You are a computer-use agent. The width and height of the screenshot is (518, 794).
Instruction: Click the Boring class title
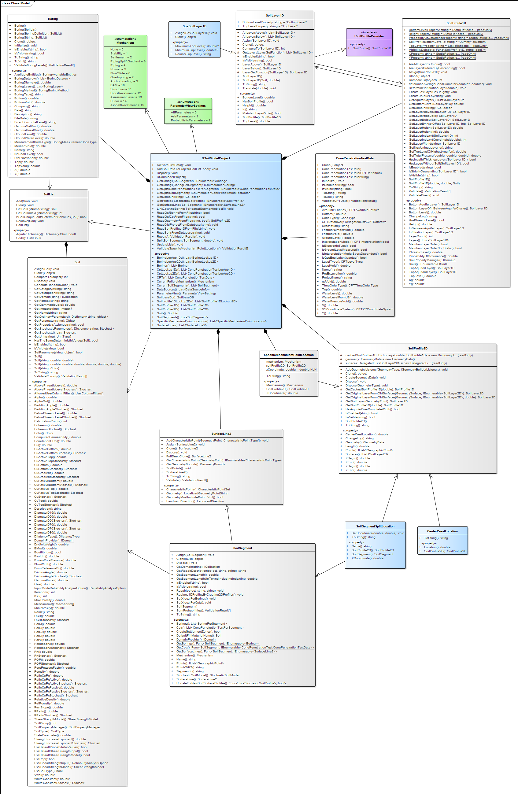pos(53,19)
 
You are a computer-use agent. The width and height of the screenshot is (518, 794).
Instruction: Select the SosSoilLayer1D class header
pos(194,26)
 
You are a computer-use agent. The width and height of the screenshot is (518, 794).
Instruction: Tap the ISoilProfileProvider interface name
pos(369,36)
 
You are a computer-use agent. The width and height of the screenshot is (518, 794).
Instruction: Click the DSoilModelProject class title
pos(216,158)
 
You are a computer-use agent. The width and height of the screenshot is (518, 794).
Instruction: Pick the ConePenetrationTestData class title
pos(354,158)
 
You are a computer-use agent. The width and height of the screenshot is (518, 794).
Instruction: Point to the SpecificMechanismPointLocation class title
pos(289,355)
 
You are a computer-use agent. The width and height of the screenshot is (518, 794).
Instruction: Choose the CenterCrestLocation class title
pos(442,531)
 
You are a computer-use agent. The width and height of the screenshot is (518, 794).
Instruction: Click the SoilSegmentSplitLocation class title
pos(375,526)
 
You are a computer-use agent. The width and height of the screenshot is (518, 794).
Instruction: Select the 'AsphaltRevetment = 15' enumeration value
pos(127,105)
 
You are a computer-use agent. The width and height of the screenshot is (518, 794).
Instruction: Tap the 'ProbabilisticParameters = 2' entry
pos(191,120)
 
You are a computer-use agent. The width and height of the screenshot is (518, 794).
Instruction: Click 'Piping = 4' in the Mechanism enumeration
pos(118,65)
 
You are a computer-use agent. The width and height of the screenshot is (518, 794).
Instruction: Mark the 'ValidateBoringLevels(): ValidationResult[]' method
pos(44,65)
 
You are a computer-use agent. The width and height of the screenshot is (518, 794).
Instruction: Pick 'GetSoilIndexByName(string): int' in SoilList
pos(39,213)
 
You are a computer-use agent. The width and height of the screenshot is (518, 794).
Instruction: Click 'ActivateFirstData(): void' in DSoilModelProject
pos(174,165)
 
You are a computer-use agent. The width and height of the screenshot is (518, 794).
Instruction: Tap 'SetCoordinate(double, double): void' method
pos(377,533)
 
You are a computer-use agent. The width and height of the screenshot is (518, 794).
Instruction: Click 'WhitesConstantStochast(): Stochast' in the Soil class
pos(59,783)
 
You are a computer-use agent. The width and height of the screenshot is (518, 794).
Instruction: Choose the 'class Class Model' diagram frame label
pos(16,3)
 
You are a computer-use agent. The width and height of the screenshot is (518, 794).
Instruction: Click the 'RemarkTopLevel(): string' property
pos(193,54)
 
